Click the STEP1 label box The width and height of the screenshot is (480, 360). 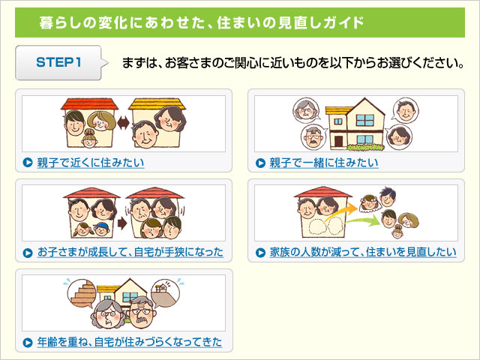click(x=58, y=63)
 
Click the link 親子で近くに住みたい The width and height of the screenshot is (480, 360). click(x=91, y=163)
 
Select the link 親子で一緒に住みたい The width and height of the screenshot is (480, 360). click(x=323, y=163)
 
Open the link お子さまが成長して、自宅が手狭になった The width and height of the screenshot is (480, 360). click(x=130, y=252)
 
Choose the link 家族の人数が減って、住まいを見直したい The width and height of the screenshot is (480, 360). click(x=363, y=252)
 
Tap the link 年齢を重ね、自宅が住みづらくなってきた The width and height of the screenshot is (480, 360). click(x=130, y=342)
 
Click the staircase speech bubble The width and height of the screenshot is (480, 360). click(x=82, y=293)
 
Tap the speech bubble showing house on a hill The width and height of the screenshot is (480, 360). click(x=166, y=293)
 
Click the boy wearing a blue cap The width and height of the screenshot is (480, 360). click(x=102, y=229)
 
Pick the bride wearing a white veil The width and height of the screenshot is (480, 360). click(x=369, y=202)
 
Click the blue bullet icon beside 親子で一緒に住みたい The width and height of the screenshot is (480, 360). click(x=260, y=163)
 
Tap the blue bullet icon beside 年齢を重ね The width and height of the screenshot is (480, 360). click(x=28, y=342)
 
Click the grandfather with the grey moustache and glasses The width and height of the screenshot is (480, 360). click(x=142, y=312)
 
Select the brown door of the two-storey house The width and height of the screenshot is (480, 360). click(x=338, y=142)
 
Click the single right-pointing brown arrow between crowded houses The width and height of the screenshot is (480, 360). click(x=122, y=223)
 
